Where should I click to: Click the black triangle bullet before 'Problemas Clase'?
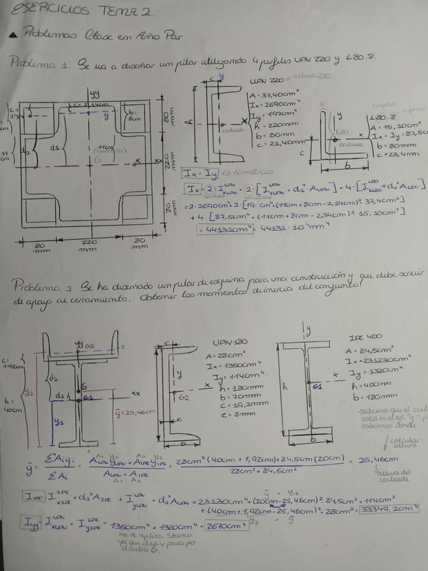[15, 34]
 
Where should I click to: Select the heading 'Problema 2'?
[37, 284]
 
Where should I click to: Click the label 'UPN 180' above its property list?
[227, 341]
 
